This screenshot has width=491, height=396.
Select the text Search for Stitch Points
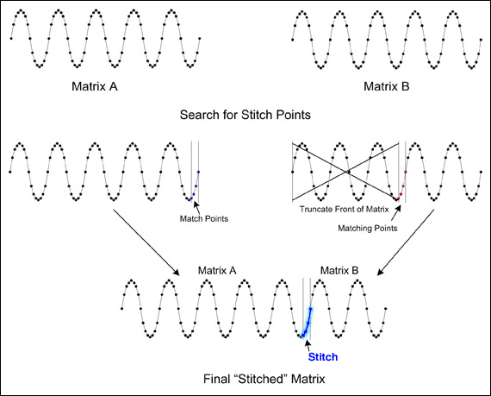click(x=245, y=114)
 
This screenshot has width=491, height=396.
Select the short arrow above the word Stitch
click(x=307, y=343)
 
